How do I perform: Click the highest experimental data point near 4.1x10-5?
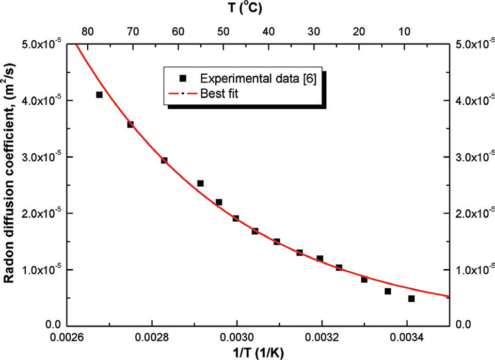click(x=99, y=94)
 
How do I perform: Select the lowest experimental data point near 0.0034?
click(x=411, y=298)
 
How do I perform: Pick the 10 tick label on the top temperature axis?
click(x=405, y=31)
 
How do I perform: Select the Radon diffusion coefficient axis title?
click(x=11, y=185)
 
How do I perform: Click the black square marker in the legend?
click(x=182, y=78)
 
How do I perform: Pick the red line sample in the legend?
click(x=181, y=93)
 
